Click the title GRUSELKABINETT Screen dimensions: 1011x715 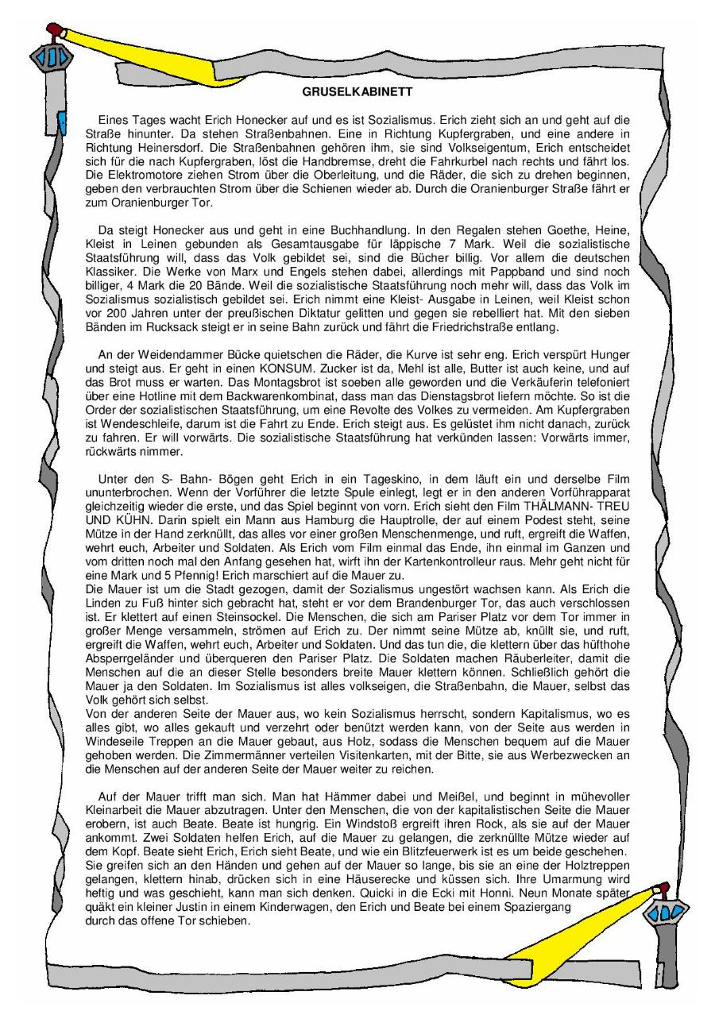pyautogui.click(x=357, y=92)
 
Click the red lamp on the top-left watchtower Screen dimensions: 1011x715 pyautogui.click(x=54, y=30)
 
